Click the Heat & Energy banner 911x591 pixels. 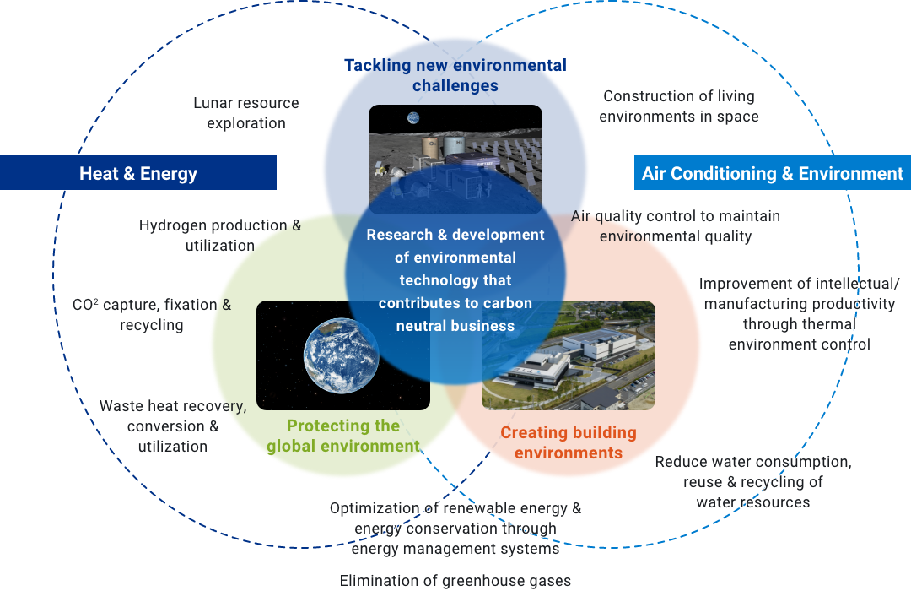pyautogui.click(x=138, y=172)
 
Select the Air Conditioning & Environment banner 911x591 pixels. pyautogui.click(x=772, y=172)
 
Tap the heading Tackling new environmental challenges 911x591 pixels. pyautogui.click(x=455, y=75)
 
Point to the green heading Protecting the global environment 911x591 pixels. pyautogui.click(x=342, y=436)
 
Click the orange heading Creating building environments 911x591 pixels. pyautogui.click(x=569, y=442)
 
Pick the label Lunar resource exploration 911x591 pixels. pyautogui.click(x=246, y=113)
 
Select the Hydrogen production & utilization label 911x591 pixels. pyautogui.click(x=219, y=235)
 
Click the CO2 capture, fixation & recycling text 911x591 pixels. pyautogui.click(x=152, y=315)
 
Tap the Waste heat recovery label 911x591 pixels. pyautogui.click(x=173, y=426)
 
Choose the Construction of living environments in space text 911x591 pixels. pyautogui.click(x=678, y=106)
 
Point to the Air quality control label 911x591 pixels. pyautogui.click(x=675, y=225)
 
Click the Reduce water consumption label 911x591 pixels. pyautogui.click(x=753, y=481)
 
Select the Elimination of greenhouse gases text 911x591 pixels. pyautogui.click(x=455, y=581)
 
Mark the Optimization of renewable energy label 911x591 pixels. pyautogui.click(x=455, y=529)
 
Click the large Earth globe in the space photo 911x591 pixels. pyautogui.click(x=341, y=355)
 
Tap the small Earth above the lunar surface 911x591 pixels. pyautogui.click(x=413, y=118)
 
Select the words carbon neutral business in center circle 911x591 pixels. pyautogui.click(x=455, y=314)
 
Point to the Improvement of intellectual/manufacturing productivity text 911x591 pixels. pyautogui.click(x=799, y=314)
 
